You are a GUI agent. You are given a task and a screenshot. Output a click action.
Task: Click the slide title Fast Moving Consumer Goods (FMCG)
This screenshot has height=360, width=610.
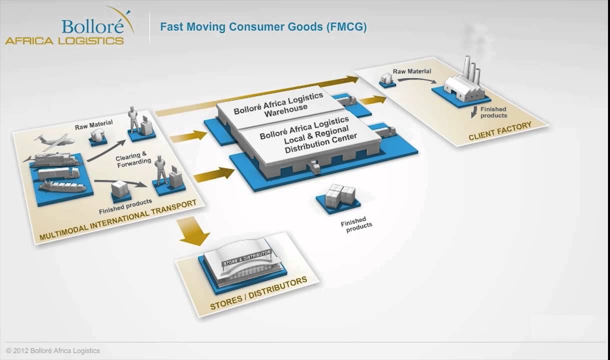pos(263,27)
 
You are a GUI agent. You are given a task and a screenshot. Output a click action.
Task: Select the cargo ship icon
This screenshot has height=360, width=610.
pos(62,186)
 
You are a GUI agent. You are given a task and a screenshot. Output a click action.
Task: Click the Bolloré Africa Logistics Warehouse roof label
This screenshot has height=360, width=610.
pos(278,103)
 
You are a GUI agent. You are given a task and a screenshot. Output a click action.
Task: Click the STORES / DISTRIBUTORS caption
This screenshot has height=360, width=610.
pos(258,293)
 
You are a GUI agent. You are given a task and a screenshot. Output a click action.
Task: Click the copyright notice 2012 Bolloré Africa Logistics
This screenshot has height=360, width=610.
pos(53,351)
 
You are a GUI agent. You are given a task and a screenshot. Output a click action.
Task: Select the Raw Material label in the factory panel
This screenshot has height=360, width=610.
pos(411,71)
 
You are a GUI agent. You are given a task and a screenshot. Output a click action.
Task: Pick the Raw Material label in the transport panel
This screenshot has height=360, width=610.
pos(93,123)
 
